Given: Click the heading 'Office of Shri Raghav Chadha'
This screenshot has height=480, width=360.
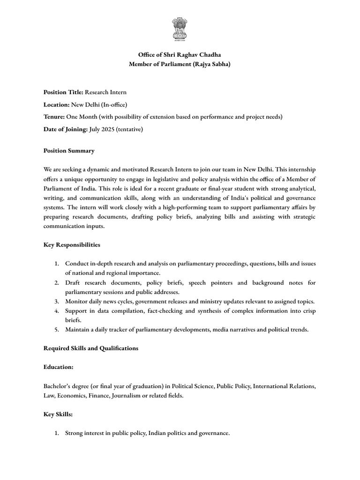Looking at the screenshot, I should pyautogui.click(x=180, y=55).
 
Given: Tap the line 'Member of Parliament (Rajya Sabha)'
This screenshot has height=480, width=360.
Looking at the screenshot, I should pyautogui.click(x=180, y=64).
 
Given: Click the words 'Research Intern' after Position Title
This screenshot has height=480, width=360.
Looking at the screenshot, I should pyautogui.click(x=105, y=92).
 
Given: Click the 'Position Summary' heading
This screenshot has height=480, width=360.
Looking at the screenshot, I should pyautogui.click(x=69, y=150).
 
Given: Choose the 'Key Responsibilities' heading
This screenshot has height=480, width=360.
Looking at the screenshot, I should pyautogui.click(x=72, y=245).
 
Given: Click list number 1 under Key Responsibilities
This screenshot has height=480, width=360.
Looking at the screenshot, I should pyautogui.click(x=56, y=264).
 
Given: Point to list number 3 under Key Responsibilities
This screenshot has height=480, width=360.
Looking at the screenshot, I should pyautogui.click(x=56, y=301).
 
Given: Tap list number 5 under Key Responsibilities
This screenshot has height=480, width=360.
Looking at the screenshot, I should pyautogui.click(x=56, y=330).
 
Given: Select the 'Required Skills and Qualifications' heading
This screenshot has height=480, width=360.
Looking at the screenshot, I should pyautogui.click(x=91, y=348).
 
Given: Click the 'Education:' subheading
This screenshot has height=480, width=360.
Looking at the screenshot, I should pyautogui.click(x=59, y=367).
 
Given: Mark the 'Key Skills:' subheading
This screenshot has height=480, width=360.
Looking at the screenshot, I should pyautogui.click(x=58, y=414).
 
